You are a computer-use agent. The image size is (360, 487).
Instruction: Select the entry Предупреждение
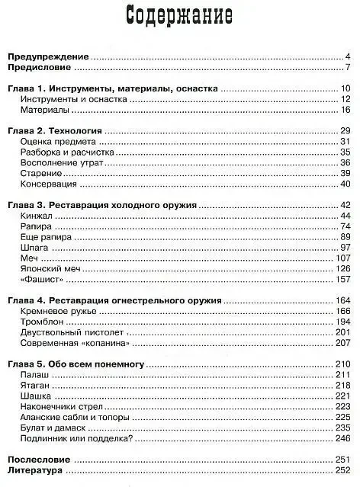pyautogui.click(x=49, y=57)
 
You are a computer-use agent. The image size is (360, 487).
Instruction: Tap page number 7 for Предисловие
pyautogui.click(x=347, y=69)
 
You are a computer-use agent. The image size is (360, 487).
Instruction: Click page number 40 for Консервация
pyautogui.click(x=344, y=184)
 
